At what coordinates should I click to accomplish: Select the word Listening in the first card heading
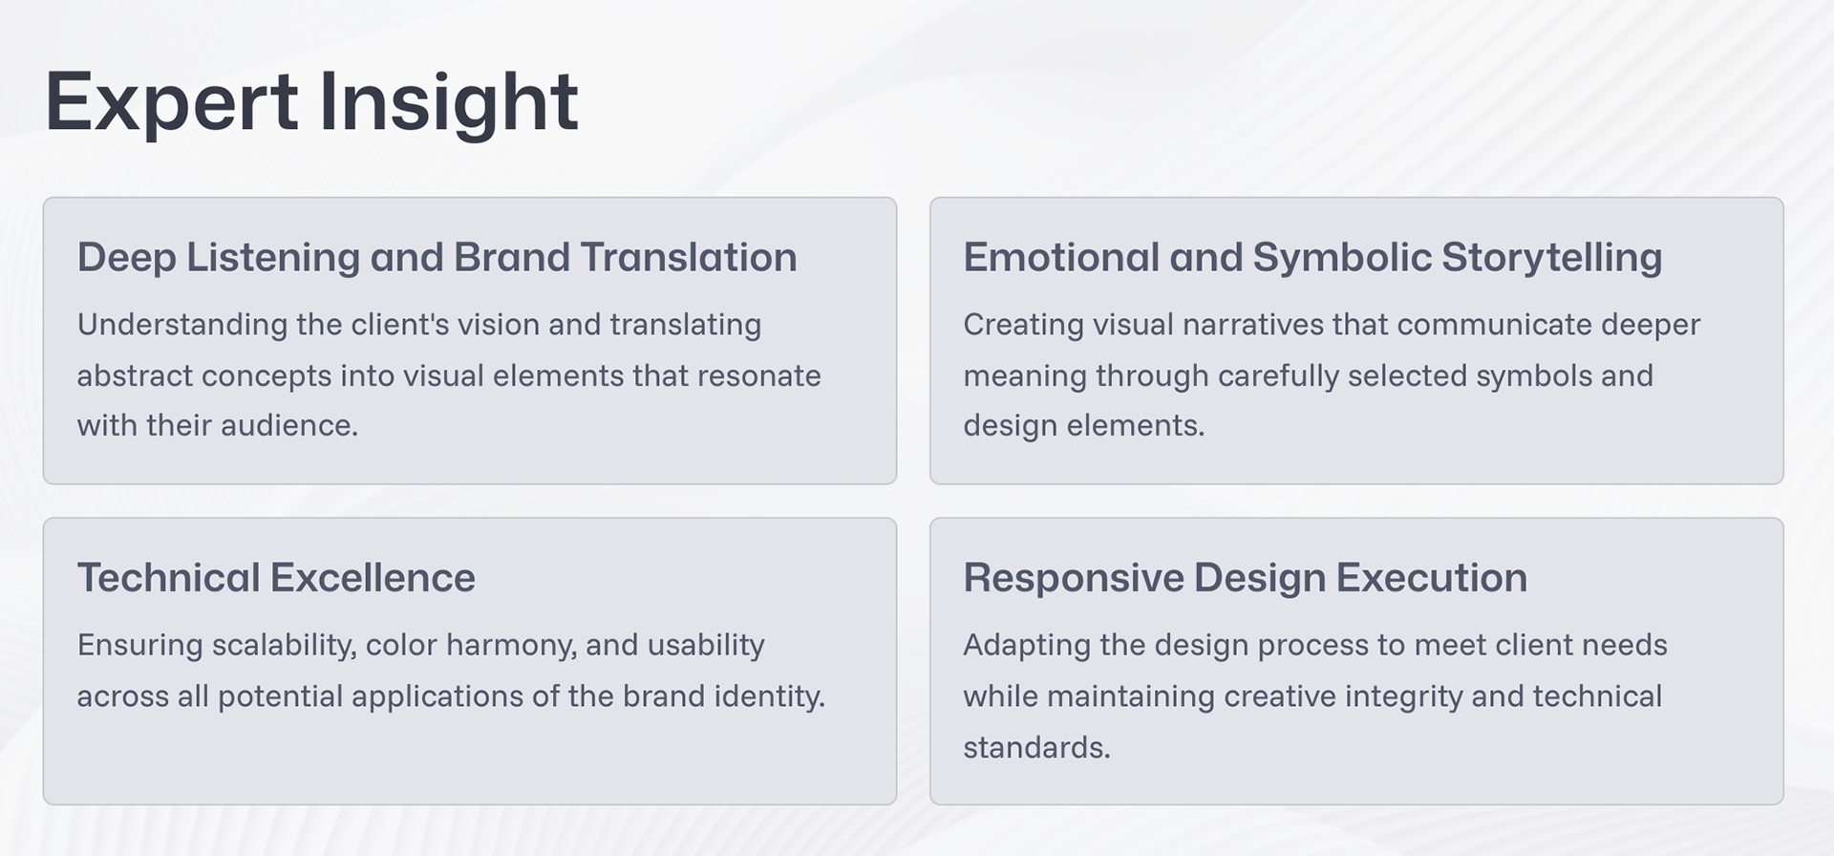(x=272, y=258)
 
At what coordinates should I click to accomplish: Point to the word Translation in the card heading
(x=688, y=257)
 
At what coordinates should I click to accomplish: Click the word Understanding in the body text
(x=182, y=326)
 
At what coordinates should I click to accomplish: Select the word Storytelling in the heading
(x=1551, y=258)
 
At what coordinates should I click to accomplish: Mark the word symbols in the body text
(x=1534, y=376)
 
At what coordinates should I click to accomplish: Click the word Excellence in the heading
(x=373, y=578)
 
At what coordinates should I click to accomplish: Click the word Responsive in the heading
(x=1074, y=579)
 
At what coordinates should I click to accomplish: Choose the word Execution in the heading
(x=1431, y=578)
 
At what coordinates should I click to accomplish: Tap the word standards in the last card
(x=1036, y=747)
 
